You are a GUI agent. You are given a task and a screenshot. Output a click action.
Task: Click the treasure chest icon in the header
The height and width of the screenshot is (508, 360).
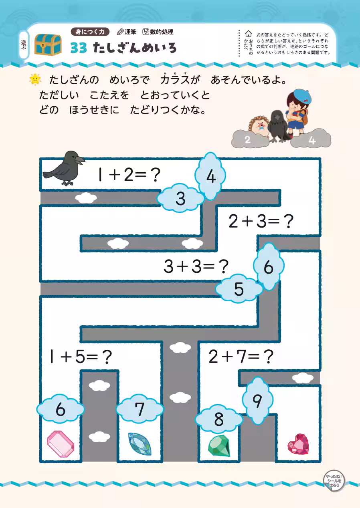pos(48,44)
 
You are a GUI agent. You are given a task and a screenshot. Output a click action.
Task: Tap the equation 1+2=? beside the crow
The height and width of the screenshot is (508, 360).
pos(129,175)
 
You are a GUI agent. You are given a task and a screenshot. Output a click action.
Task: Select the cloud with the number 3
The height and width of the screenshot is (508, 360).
pos(181,198)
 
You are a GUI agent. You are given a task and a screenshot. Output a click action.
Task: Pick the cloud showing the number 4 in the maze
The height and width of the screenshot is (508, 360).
pos(210,176)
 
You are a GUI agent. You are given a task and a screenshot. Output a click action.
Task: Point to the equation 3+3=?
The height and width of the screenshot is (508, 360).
pos(196,266)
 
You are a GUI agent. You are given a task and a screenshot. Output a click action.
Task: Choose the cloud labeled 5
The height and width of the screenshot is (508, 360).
pos(239,289)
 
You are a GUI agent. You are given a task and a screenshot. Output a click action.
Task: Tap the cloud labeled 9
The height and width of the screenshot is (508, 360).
pos(258,401)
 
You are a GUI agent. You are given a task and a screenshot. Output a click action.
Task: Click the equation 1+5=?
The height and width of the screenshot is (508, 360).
pos(80,356)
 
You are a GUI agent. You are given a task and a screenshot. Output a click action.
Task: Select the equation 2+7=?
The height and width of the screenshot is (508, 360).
pos(241,356)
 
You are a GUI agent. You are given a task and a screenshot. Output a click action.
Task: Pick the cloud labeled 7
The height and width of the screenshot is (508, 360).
pos(140,409)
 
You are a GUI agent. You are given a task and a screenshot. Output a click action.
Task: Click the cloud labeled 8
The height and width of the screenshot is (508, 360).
pos(218,419)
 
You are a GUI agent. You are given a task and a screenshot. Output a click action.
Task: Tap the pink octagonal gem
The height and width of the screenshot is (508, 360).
pos(61,443)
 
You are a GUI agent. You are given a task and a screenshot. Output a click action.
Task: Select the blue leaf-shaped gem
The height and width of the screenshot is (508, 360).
pos(140,443)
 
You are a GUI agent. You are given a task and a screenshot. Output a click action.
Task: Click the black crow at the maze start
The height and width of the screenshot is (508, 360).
pos(64,168)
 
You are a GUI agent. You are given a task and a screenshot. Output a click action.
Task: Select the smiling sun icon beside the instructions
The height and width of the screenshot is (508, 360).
pos(35,79)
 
